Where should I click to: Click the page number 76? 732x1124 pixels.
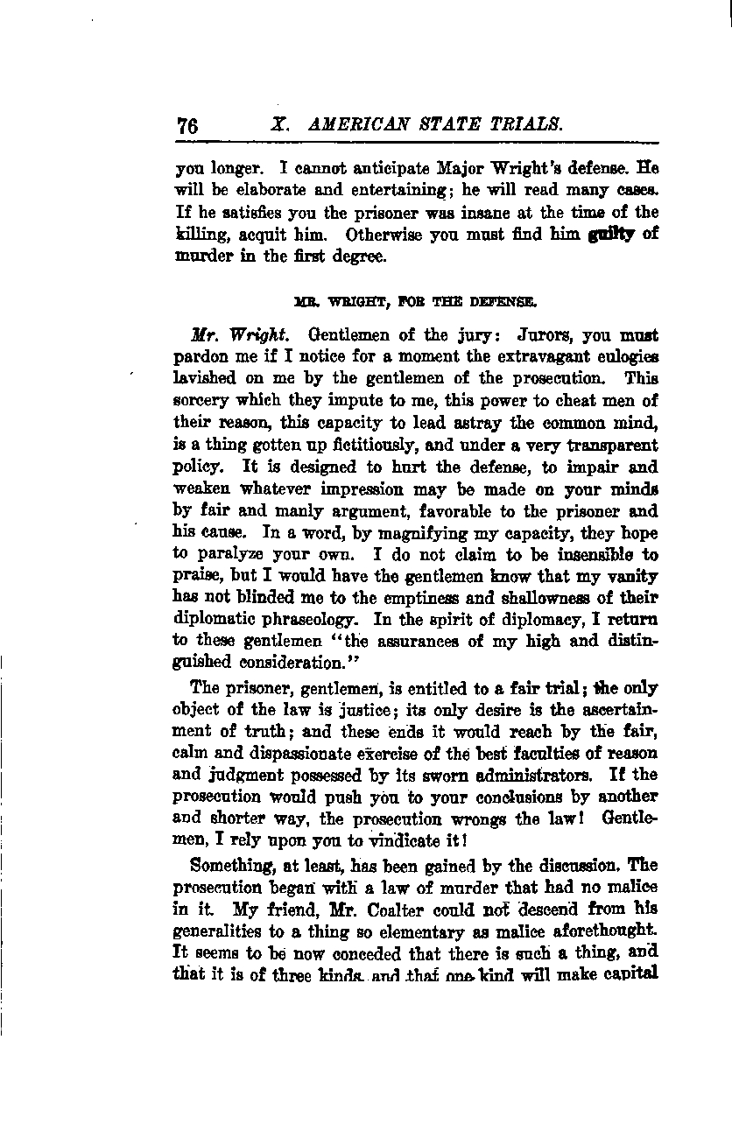(x=187, y=124)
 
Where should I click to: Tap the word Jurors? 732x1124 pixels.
(x=523, y=336)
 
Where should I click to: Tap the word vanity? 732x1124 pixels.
(x=630, y=577)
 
